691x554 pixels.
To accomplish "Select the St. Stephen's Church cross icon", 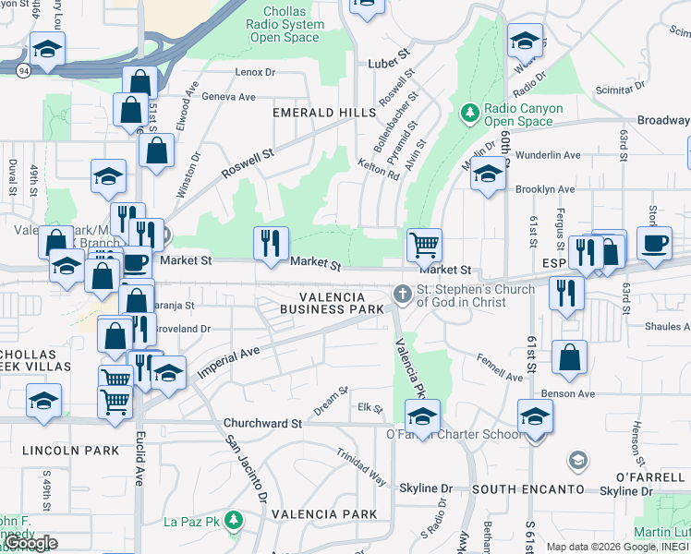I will coord(402,295).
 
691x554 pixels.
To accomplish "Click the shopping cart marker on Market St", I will coord(424,246).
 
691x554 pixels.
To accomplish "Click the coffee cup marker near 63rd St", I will coord(654,244).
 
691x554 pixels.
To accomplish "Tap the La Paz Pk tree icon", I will coord(234,522).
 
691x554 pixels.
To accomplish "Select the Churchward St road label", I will coord(263,424).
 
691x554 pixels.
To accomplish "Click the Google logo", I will coord(31,543).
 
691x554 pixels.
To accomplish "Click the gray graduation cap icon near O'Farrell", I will coord(577,460).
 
